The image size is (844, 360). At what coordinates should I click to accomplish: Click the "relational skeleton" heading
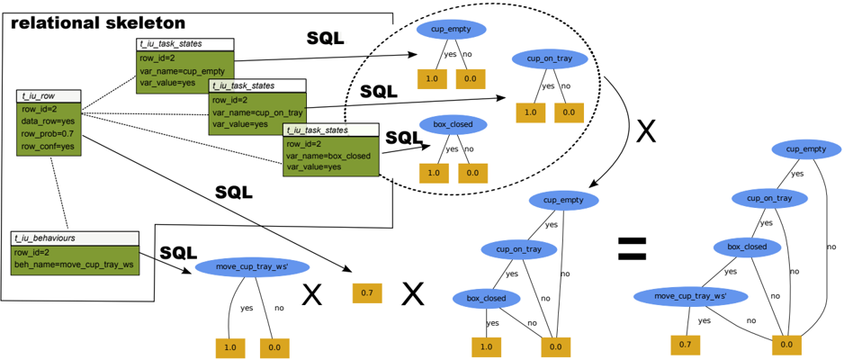coord(98,23)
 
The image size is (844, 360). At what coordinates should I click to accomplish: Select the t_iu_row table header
coord(49,96)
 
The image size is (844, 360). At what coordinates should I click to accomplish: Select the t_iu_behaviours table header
coord(75,238)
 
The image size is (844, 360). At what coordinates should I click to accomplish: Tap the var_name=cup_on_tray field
coord(257,112)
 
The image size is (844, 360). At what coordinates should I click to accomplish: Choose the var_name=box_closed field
coord(328,157)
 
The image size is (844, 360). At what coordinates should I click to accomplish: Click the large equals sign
coord(632,248)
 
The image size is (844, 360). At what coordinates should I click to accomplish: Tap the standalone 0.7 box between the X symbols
coord(367,293)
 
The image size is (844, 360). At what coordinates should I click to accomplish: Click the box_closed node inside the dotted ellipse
coord(453,125)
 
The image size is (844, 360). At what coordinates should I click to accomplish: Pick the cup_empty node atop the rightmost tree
coord(806,148)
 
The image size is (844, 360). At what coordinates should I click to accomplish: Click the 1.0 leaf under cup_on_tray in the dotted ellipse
coord(531,113)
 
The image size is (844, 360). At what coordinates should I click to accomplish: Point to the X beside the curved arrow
coord(646,131)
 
